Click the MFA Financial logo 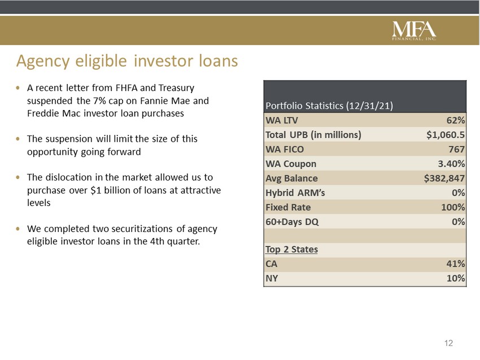(x=414, y=30)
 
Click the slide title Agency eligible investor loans (x=127, y=61)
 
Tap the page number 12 (x=448, y=343)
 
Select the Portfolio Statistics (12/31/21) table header (x=329, y=106)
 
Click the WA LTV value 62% (x=456, y=120)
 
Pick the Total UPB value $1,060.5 (x=446, y=135)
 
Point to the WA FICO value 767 (x=456, y=150)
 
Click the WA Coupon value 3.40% (x=451, y=164)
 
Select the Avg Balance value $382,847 (x=444, y=178)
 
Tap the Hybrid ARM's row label (x=295, y=193)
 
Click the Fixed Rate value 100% (x=453, y=207)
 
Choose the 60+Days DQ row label (x=292, y=222)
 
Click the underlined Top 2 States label (x=291, y=249)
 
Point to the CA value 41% (x=456, y=264)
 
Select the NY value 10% (x=456, y=278)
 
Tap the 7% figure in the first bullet (x=99, y=100)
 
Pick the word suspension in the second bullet (x=70, y=139)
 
